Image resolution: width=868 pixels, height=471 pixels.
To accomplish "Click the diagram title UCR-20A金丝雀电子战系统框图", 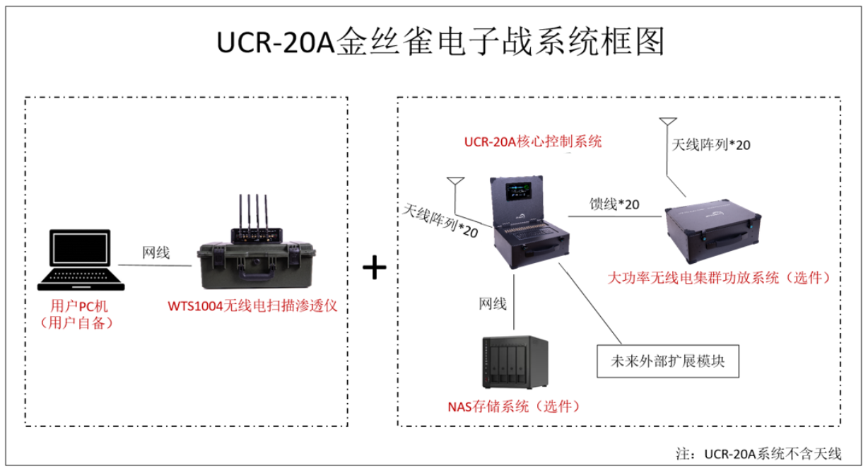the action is tap(440, 42).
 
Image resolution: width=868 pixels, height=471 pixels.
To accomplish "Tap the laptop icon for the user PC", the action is tap(81, 260).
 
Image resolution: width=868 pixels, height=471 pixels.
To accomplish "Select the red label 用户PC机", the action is tap(78, 306).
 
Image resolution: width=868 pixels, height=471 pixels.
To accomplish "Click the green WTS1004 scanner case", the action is tap(256, 265).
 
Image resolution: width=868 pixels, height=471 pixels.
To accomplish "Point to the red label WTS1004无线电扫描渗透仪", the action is tap(252, 306).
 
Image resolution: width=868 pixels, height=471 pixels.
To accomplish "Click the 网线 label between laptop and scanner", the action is tap(156, 252).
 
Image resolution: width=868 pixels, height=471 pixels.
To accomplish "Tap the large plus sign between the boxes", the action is tap(375, 267).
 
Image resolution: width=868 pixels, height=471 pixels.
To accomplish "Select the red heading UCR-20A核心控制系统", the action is tap(533, 141).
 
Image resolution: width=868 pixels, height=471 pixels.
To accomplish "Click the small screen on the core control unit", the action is tap(518, 192).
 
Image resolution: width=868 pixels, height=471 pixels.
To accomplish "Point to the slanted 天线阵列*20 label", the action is tap(440, 221).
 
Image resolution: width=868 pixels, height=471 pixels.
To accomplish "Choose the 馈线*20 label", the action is tap(614, 204).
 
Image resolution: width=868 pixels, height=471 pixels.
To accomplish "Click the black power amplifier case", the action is tap(713, 231).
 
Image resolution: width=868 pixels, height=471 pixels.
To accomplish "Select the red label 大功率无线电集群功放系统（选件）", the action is tap(719, 277).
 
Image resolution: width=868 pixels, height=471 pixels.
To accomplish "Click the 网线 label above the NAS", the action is tap(493, 303).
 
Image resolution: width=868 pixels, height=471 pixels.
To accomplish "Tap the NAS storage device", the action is tap(515, 363).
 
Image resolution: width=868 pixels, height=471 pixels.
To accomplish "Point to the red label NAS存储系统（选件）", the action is tap(513, 406).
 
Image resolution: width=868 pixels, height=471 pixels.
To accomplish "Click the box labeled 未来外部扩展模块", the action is tap(668, 361).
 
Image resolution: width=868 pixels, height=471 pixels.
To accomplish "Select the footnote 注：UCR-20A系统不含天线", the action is tap(758, 453).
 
